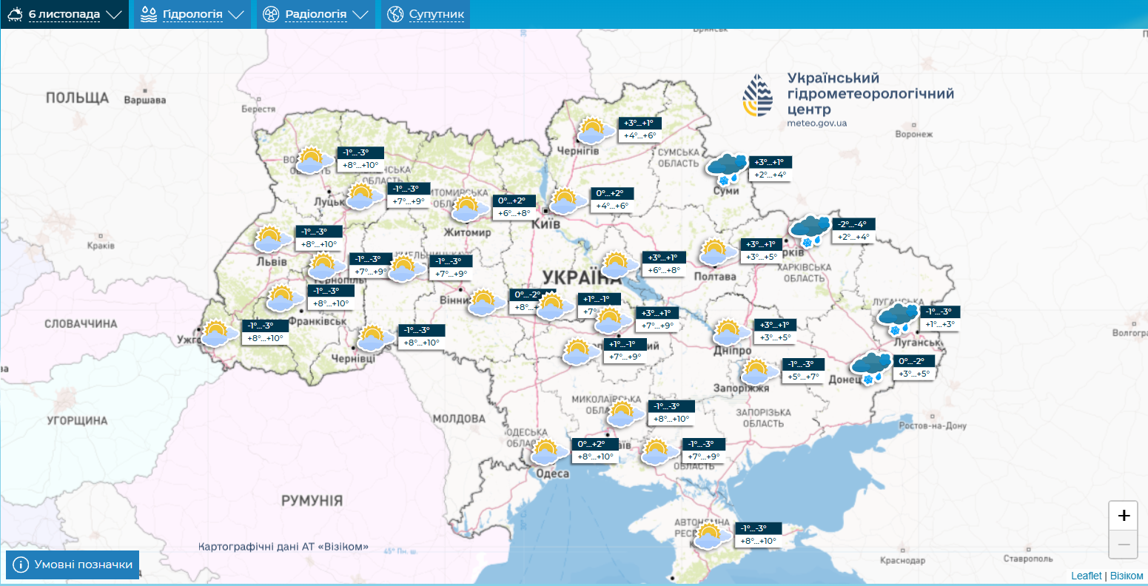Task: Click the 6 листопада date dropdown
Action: tap(64, 14)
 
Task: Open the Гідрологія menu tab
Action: tap(192, 14)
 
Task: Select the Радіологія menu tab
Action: tap(316, 14)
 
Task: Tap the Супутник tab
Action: tap(426, 14)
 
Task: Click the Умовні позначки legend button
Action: tap(73, 565)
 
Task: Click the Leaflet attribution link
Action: tap(1086, 576)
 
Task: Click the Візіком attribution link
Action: tap(1127, 576)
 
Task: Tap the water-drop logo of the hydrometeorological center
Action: tap(758, 95)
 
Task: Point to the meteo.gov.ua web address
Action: tap(817, 123)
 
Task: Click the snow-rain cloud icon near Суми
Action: tap(726, 169)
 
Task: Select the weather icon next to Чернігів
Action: tap(595, 130)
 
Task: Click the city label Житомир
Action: tap(467, 233)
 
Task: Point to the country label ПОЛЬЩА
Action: tap(77, 98)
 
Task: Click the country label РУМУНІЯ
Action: tap(312, 501)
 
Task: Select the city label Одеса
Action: tap(551, 474)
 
